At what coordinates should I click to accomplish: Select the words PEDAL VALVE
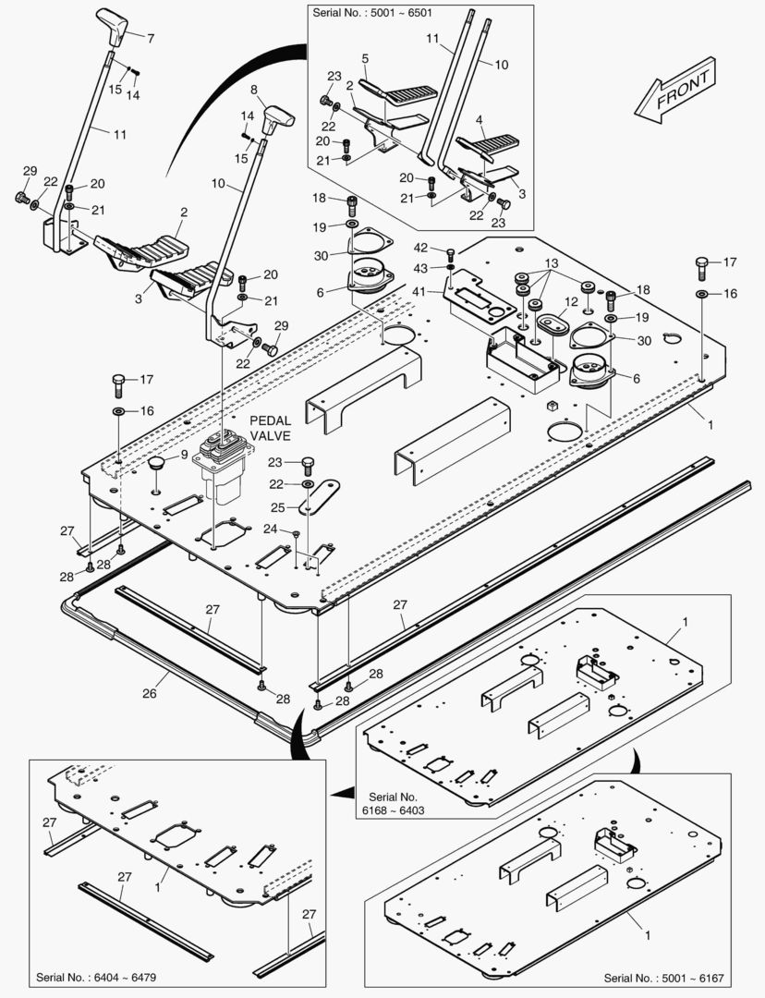(x=271, y=428)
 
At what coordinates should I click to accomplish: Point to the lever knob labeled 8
(x=276, y=117)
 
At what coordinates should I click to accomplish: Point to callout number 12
(x=572, y=301)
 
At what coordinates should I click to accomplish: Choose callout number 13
(x=552, y=262)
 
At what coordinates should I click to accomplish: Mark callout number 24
(x=271, y=529)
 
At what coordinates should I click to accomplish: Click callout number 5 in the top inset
(x=365, y=58)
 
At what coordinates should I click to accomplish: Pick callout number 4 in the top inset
(x=480, y=120)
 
